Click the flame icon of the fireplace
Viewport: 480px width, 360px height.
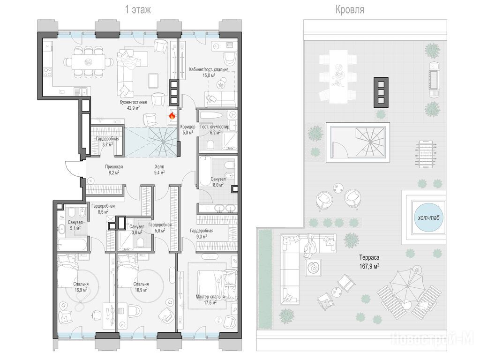coord(172,116)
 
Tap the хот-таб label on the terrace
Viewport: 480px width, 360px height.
coord(428,217)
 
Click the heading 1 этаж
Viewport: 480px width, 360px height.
coord(138,10)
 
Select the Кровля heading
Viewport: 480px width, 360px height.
coord(350,10)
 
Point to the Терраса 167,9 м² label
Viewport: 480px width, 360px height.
coord(369,262)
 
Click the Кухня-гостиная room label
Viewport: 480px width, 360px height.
coord(133,102)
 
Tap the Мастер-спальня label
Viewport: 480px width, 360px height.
coord(210,297)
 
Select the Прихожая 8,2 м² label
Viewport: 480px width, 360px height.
coord(114,170)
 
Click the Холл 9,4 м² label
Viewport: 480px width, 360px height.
coord(159,170)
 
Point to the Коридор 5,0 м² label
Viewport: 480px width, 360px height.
coord(187,130)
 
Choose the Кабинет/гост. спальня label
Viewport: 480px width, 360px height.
coord(209,69)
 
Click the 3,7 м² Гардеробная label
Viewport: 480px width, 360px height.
coord(107,142)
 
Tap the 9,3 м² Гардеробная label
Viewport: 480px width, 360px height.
coord(202,233)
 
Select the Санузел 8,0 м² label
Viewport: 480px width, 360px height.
coord(218,182)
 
